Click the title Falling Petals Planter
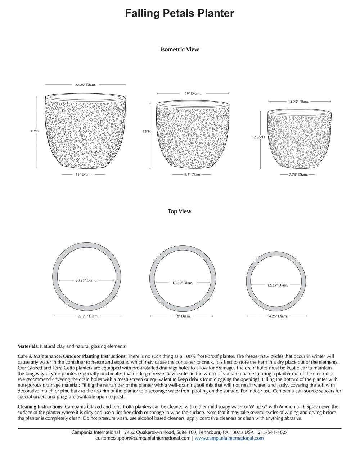[x=180, y=13]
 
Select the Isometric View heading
[x=179, y=49]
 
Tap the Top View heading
[x=179, y=211]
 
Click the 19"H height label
[x=35, y=131]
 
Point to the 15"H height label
[x=147, y=132]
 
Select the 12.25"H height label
[x=258, y=137]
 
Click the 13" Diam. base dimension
[x=84, y=175]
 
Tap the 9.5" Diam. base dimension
[x=193, y=175]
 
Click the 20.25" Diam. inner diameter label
[x=86, y=280]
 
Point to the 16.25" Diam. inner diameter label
[x=183, y=283]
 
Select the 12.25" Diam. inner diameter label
[x=277, y=285]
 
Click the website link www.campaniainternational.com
[x=229, y=438]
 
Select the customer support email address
[x=143, y=438]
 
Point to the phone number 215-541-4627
[x=273, y=432]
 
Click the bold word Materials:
[x=28, y=346]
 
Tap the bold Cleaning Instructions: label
[x=40, y=407]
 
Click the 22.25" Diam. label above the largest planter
[x=85, y=85]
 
